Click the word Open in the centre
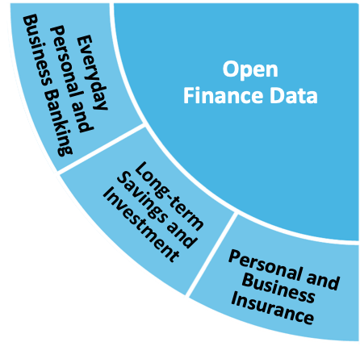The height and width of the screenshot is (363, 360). point(250,70)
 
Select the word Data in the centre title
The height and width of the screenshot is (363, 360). point(294,96)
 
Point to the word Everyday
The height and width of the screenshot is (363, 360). point(92,73)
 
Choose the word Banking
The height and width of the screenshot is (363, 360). point(59,123)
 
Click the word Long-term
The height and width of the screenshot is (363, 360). point(169,196)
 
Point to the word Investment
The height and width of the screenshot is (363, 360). point(140,225)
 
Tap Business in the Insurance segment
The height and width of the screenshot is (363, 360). point(278,288)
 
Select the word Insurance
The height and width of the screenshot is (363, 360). point(272,309)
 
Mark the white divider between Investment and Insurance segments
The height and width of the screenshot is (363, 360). point(211,253)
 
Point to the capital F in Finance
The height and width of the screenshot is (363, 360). point(189,95)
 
